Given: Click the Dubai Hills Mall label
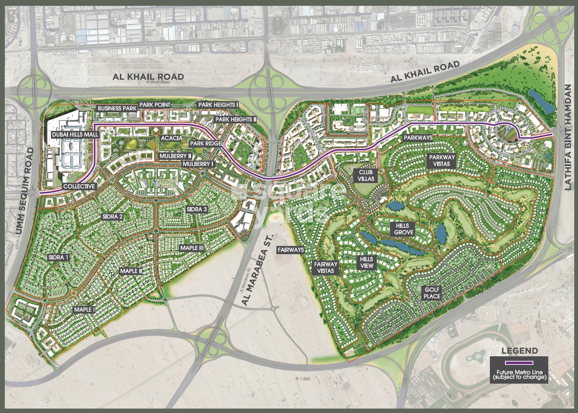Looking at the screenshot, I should tap(75, 135).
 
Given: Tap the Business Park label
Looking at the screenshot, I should tap(117, 108).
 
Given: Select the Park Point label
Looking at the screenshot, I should tap(154, 105).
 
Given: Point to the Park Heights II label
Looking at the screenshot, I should tap(236, 119).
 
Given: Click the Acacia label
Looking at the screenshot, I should tap(171, 138).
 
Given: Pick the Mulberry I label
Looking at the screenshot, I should tap(198, 164).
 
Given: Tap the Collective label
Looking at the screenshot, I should tap(79, 186).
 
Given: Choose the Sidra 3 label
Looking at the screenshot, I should tap(196, 209).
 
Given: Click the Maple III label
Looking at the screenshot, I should tap(192, 248).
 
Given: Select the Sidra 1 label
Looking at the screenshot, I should tap(58, 257).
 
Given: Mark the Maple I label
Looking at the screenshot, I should tap(84, 309).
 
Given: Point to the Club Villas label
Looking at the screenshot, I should tap(366, 175).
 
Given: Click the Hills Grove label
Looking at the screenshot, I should tap(403, 229).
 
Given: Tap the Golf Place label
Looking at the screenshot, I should tap(432, 293).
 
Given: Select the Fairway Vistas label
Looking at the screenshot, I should tap(326, 267).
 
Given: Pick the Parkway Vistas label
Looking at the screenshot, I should tap(442, 161).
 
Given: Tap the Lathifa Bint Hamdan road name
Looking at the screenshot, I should tap(568, 137).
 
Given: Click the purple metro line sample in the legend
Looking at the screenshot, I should tap(519, 362).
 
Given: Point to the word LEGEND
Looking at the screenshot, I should tap(519, 350).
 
